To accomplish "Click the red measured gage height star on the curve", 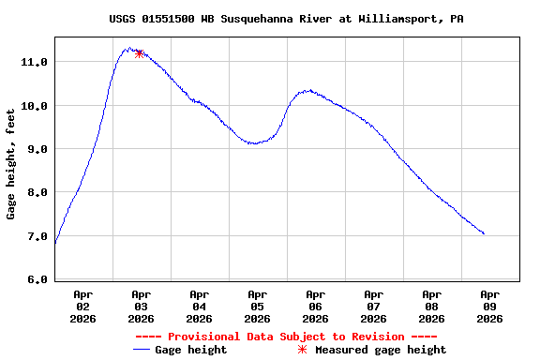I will [139, 53].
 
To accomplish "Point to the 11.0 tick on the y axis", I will [35, 62].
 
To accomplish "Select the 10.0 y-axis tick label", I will [35, 106].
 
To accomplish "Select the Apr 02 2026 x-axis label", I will [82, 307].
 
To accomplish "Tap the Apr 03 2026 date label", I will [141, 307].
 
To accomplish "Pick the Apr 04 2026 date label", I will [199, 307].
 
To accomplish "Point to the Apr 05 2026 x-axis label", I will [257, 307].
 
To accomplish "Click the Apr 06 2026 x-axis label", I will [315, 307].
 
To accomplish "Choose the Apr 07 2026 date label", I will [373, 307].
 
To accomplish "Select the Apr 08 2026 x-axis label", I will [431, 307].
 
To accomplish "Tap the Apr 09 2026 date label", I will [489, 307].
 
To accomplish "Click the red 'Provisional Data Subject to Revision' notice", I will [286, 337].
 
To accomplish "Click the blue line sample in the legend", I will [142, 350].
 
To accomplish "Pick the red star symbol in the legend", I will [302, 350].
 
